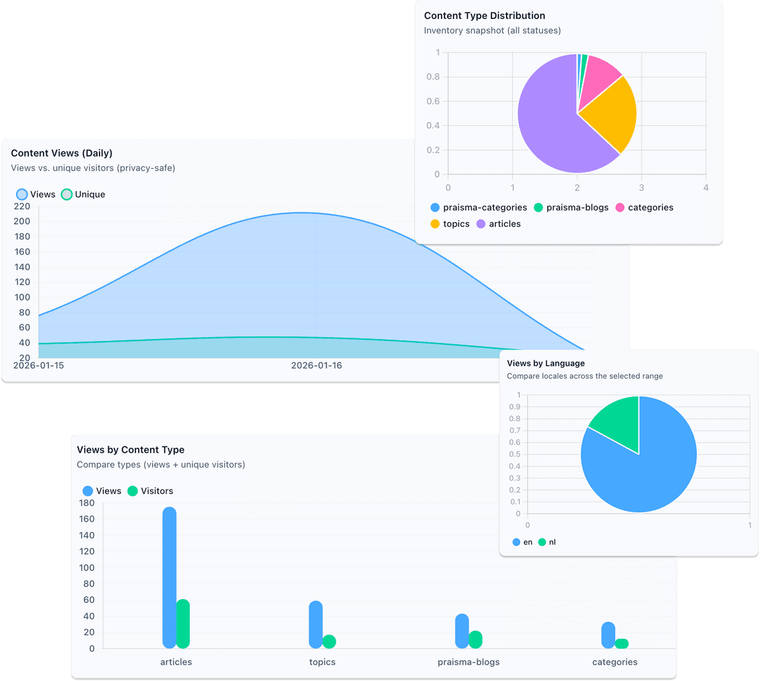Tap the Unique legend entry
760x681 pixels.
point(83,195)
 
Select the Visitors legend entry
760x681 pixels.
point(150,491)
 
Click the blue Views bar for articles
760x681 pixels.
point(169,577)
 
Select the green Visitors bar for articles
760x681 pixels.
point(183,624)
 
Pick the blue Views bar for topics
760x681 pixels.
point(315,625)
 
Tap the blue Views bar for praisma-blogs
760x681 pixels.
point(462,631)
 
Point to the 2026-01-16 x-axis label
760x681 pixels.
point(316,365)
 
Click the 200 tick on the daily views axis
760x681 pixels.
point(22,221)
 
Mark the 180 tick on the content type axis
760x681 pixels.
point(87,503)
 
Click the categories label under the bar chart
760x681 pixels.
point(614,662)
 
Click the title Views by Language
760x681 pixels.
point(545,363)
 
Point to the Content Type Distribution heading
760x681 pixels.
point(484,16)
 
